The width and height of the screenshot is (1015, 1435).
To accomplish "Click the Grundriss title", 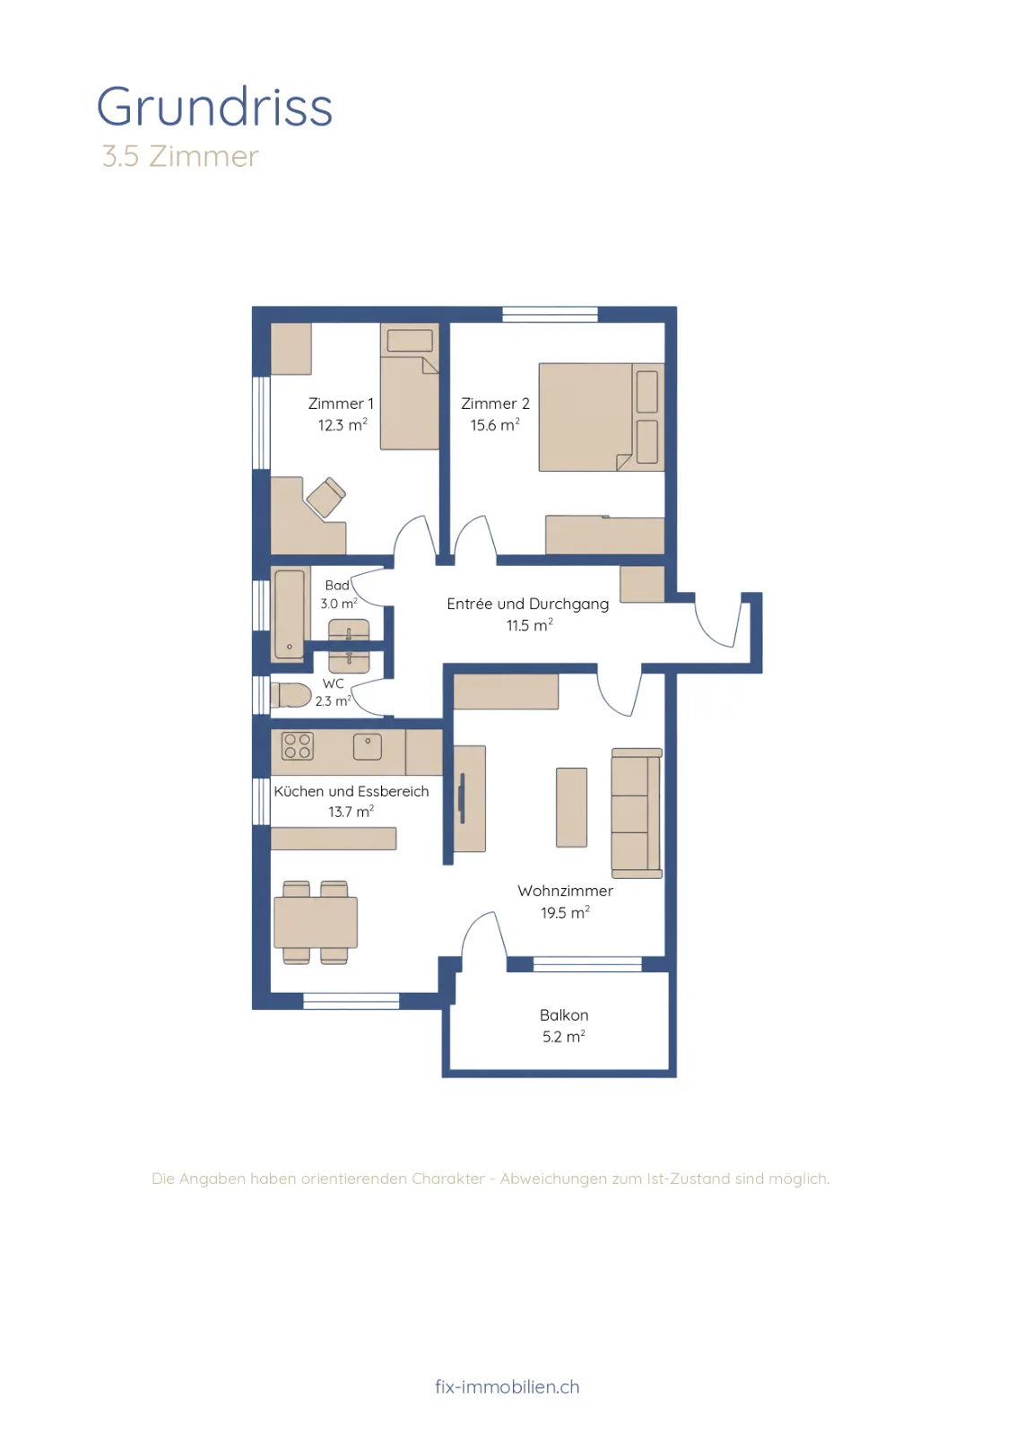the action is (214, 107).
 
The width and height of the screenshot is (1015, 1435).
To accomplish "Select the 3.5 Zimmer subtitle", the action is (180, 156).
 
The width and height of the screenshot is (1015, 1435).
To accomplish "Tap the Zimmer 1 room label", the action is (341, 404).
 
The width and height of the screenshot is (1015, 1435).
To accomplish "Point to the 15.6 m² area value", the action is (495, 425).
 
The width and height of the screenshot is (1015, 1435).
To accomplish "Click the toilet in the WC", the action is (291, 695).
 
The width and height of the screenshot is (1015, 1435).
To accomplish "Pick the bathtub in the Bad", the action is (290, 615).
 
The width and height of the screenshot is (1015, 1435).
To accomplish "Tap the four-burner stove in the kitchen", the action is (297, 746).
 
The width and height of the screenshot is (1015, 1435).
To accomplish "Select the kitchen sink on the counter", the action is (368, 747).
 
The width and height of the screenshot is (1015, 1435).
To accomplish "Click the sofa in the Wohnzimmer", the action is (637, 813).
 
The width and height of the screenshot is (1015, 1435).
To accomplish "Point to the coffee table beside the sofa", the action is (571, 807).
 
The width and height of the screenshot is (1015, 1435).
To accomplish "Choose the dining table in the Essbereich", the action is (316, 923).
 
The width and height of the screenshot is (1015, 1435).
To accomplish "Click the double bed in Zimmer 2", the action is (602, 418).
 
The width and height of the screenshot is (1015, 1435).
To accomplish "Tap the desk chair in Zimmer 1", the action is (326, 497).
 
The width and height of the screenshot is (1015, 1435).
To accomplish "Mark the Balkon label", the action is (563, 1015).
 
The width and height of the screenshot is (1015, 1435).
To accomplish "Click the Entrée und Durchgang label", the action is (527, 604).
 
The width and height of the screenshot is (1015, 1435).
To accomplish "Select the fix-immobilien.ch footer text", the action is (507, 1387).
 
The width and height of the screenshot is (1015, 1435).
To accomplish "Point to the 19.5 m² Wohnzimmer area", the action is (565, 913).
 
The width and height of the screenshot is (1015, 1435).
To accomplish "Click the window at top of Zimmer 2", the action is (550, 314).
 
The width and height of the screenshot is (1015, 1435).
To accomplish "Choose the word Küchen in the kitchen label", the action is (299, 791).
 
